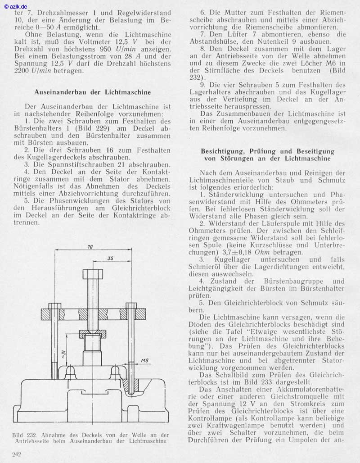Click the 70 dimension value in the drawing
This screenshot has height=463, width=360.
click(91, 247)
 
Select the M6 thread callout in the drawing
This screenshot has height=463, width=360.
click(144, 361)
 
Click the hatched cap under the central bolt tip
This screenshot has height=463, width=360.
click(92, 334)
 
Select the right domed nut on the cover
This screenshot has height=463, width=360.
click(116, 370)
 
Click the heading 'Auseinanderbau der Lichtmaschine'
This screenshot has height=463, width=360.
click(92, 92)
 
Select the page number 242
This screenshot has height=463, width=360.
click(17, 455)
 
